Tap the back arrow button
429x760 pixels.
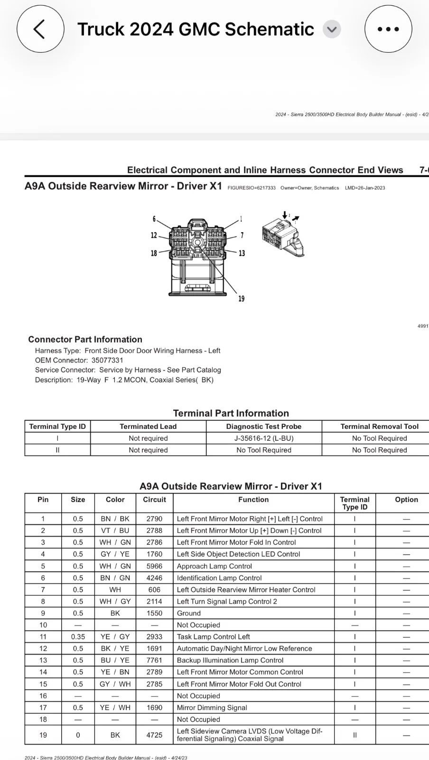(x=40, y=29)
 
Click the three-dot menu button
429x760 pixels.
(x=388, y=29)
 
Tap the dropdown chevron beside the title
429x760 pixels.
(x=332, y=29)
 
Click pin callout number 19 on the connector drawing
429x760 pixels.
(x=242, y=299)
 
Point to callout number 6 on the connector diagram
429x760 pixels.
(x=154, y=219)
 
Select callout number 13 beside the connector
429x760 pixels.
(x=242, y=253)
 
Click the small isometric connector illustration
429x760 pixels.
(x=282, y=235)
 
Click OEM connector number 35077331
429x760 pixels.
(x=107, y=360)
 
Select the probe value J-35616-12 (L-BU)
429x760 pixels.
(x=263, y=438)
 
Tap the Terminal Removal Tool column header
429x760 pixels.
(x=379, y=426)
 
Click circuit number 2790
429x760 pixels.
(x=154, y=519)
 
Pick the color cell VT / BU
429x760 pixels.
(x=115, y=531)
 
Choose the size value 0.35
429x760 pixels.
(x=78, y=636)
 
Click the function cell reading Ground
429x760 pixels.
(x=189, y=613)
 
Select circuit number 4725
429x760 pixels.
(x=154, y=735)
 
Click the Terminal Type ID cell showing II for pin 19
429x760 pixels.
(x=354, y=735)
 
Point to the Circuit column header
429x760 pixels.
(x=154, y=500)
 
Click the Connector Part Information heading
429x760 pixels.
(x=85, y=339)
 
